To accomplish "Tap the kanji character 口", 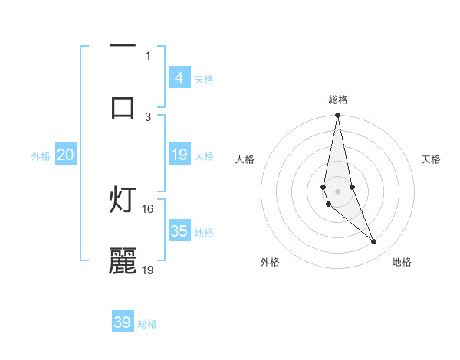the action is coord(123,108).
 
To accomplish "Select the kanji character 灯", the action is coord(123,201).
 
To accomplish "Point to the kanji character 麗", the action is coord(123,261).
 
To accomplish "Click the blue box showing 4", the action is coord(179,78).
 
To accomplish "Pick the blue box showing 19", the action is coord(179,155).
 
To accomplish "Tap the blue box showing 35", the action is coord(179,231).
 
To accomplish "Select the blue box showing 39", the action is coord(123,322).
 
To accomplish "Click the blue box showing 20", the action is coord(65,155).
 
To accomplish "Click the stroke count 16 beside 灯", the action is coord(148,208).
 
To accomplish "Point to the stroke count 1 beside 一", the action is coord(148,55).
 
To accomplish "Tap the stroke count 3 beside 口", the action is coord(148,116).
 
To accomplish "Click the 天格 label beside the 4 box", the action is coord(204,80).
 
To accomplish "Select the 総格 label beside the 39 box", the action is coord(147,324).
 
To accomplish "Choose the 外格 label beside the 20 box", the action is coord(41,156).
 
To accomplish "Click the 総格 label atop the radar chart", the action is coord(338,100).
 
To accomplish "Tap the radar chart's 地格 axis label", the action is coord(402,263).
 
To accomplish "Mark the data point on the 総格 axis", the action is coord(337,116).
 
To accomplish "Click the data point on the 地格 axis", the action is coord(374,242).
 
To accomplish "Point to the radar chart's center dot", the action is coord(337,191).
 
